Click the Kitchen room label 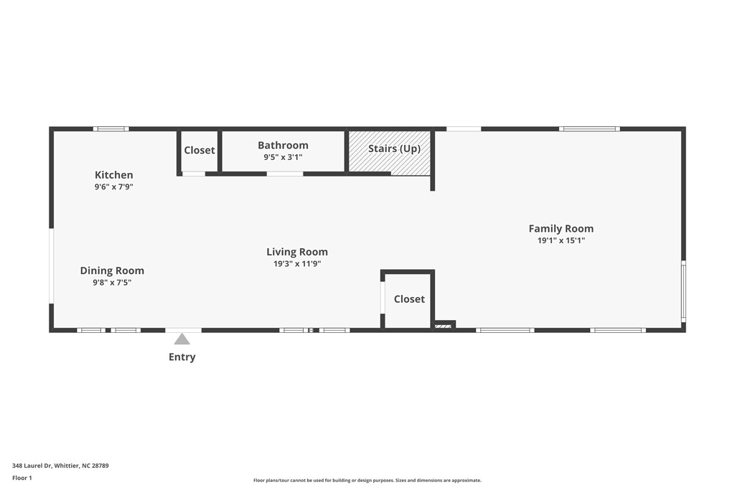tap(113, 175)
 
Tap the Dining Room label tap(112, 270)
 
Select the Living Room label tap(297, 252)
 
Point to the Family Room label tap(561, 229)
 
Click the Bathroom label tap(283, 146)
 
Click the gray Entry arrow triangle tap(182, 339)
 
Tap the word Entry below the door tap(182, 357)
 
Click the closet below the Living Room tap(409, 299)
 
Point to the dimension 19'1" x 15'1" tap(561, 241)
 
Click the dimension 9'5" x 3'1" tap(283, 157)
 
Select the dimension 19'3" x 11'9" tap(297, 264)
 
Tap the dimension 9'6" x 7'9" tap(113, 187)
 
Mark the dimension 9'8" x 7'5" tap(112, 283)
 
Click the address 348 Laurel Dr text tap(60, 466)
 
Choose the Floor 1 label tap(22, 478)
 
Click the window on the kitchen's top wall tap(111, 129)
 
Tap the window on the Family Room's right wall tap(683, 291)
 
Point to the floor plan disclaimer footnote tap(367, 481)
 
